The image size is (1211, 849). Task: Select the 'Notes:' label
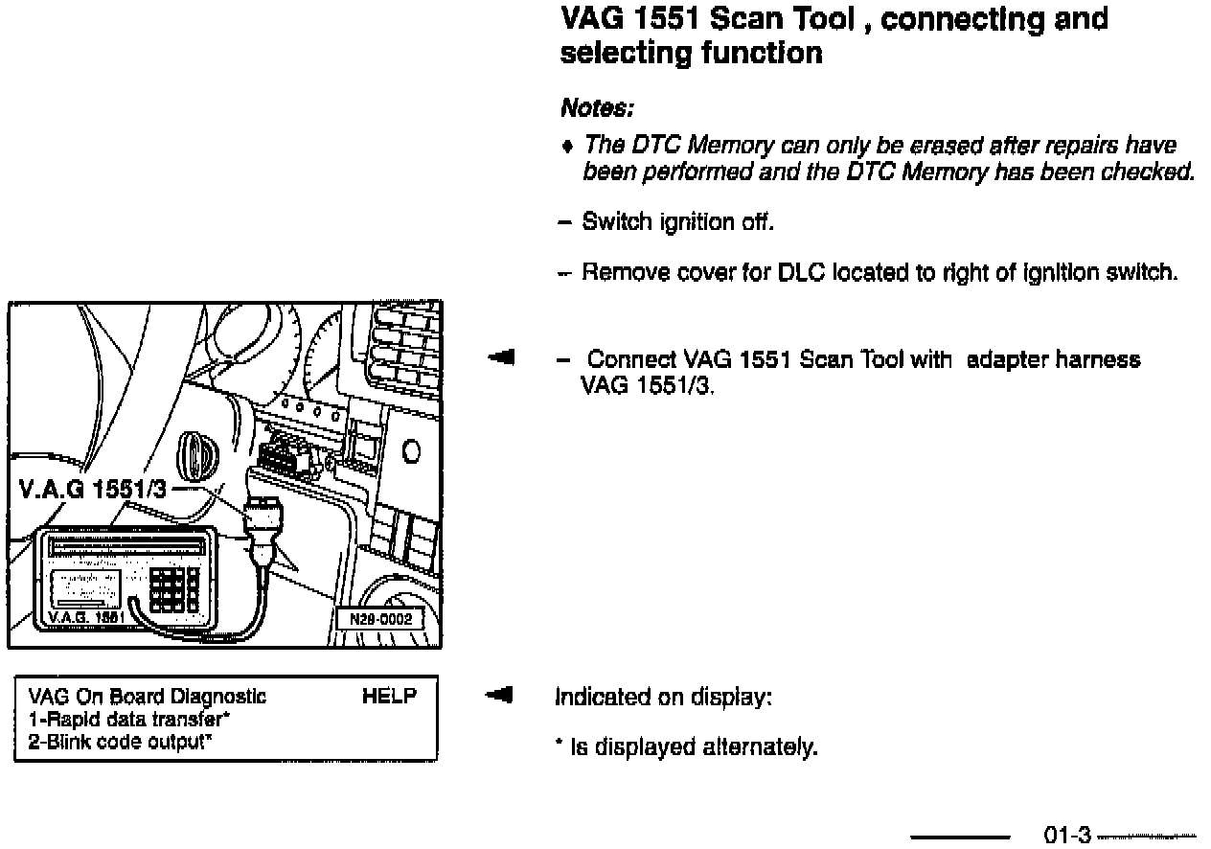point(598,107)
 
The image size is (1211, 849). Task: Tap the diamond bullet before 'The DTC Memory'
point(568,147)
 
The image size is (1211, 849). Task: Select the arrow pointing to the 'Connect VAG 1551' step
point(501,358)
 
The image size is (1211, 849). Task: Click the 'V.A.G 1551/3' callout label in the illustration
point(92,491)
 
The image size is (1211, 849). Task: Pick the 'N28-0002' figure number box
point(379,620)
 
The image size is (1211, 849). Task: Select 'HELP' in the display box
point(390,697)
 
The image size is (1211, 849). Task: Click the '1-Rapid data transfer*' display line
point(130,719)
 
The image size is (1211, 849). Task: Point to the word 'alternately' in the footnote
point(764,747)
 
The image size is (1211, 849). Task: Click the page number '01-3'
point(1066,837)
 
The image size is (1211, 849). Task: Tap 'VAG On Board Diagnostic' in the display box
point(148,697)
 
